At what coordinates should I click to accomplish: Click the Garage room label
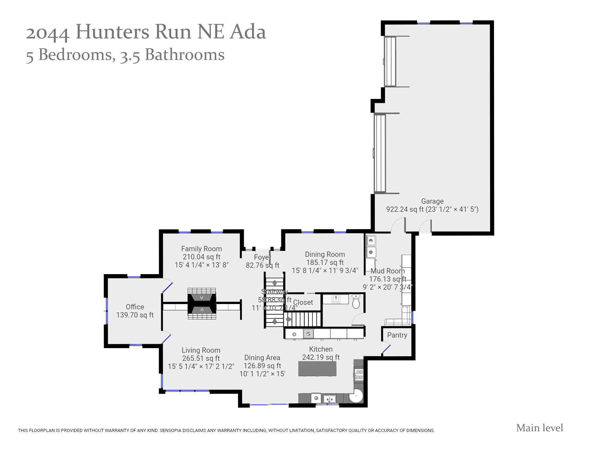[432, 201]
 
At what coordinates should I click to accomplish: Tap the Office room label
[135, 307]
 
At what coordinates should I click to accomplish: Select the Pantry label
[397, 335]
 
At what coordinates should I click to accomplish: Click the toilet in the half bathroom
[356, 302]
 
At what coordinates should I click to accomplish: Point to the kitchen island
[317, 369]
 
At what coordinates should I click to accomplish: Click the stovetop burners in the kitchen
[359, 375]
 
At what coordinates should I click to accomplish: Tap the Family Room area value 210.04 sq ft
[201, 257]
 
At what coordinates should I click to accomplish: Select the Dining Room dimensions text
[325, 271]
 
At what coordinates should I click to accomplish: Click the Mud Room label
[388, 271]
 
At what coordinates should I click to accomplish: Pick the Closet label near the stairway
[303, 302]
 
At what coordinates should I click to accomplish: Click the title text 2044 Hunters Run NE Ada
[146, 32]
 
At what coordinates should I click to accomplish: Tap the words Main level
[539, 428]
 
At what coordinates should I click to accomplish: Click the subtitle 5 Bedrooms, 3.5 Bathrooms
[125, 55]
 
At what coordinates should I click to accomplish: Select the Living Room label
[201, 350]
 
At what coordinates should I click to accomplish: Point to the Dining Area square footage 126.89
[262, 366]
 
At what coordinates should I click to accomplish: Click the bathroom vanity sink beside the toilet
[336, 299]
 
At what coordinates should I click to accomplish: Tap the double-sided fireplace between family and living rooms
[202, 304]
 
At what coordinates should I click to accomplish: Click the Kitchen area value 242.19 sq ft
[321, 357]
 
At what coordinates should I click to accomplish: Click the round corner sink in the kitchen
[356, 396]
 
